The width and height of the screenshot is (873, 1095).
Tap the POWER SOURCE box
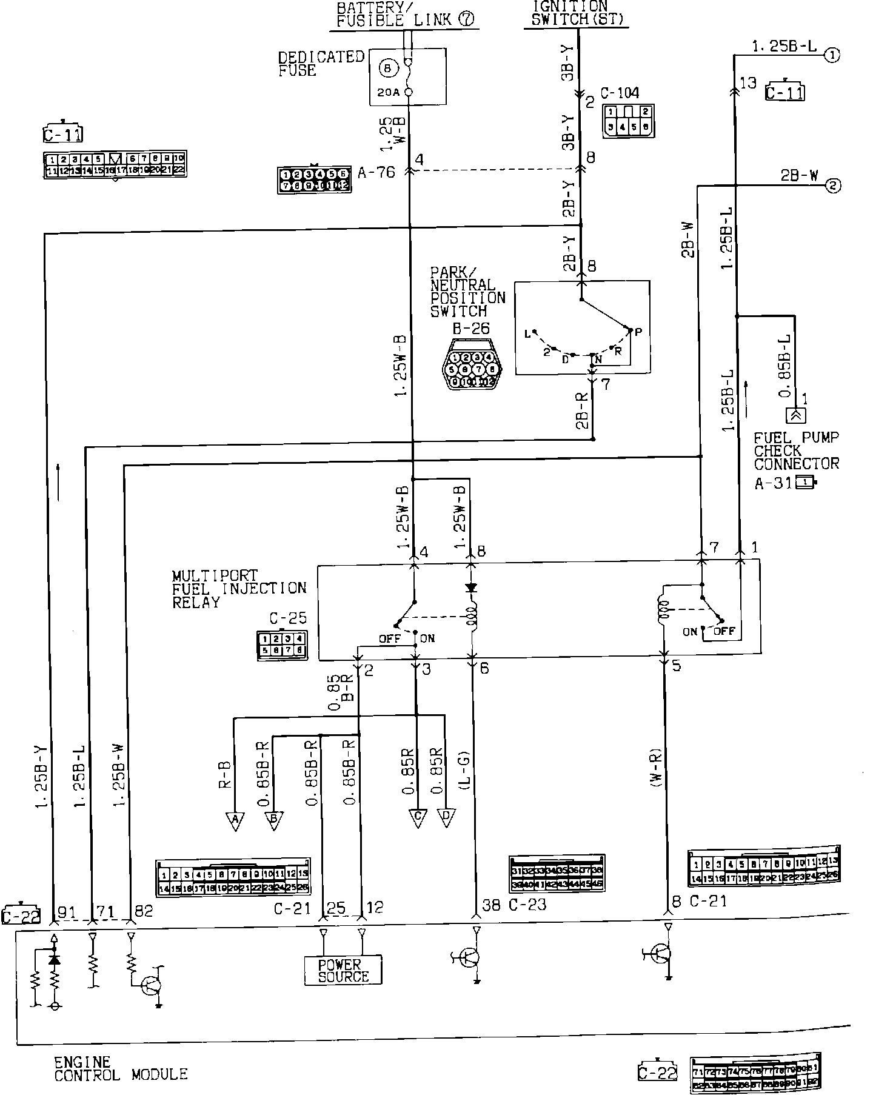343,970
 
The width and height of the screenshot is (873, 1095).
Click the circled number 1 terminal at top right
832,55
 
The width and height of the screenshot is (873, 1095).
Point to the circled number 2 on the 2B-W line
832,186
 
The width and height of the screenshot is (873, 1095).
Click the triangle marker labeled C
417,817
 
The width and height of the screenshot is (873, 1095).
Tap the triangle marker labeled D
446,817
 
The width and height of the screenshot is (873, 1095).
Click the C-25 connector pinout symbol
282,645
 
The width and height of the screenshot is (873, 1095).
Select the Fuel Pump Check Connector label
796,450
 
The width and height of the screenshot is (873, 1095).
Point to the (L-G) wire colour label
464,769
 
